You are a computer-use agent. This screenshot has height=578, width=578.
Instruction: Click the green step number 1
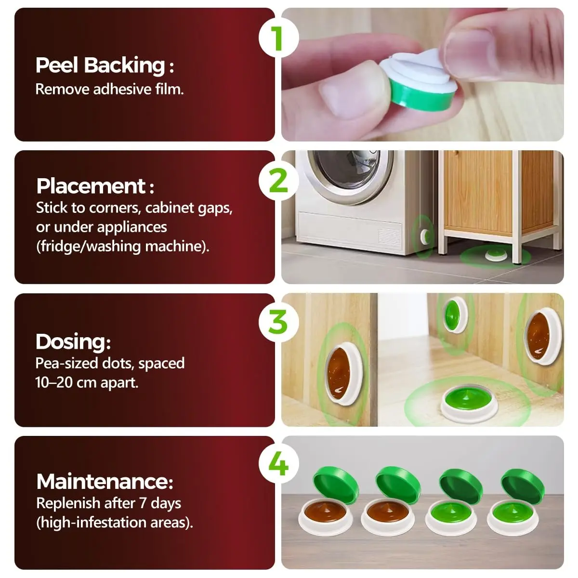pyautogui.click(x=279, y=39)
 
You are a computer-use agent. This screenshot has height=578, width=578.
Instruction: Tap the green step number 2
pyautogui.click(x=278, y=181)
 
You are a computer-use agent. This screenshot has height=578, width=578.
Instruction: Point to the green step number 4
pyautogui.click(x=278, y=464)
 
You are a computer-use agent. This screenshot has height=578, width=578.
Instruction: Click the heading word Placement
pyautogui.click(x=91, y=186)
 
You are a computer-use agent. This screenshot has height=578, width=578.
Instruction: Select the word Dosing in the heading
pyautogui.click(x=71, y=342)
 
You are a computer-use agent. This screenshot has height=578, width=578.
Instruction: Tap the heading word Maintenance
pyautogui.click(x=102, y=481)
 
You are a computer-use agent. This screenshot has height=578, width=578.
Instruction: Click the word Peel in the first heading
pyautogui.click(x=57, y=65)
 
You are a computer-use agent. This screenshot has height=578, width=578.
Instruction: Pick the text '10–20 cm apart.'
pyautogui.click(x=87, y=382)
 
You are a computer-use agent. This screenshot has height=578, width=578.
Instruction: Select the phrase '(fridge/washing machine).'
pyautogui.click(x=122, y=247)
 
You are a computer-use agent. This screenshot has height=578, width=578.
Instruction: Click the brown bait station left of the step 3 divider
pyautogui.click(x=343, y=374)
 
